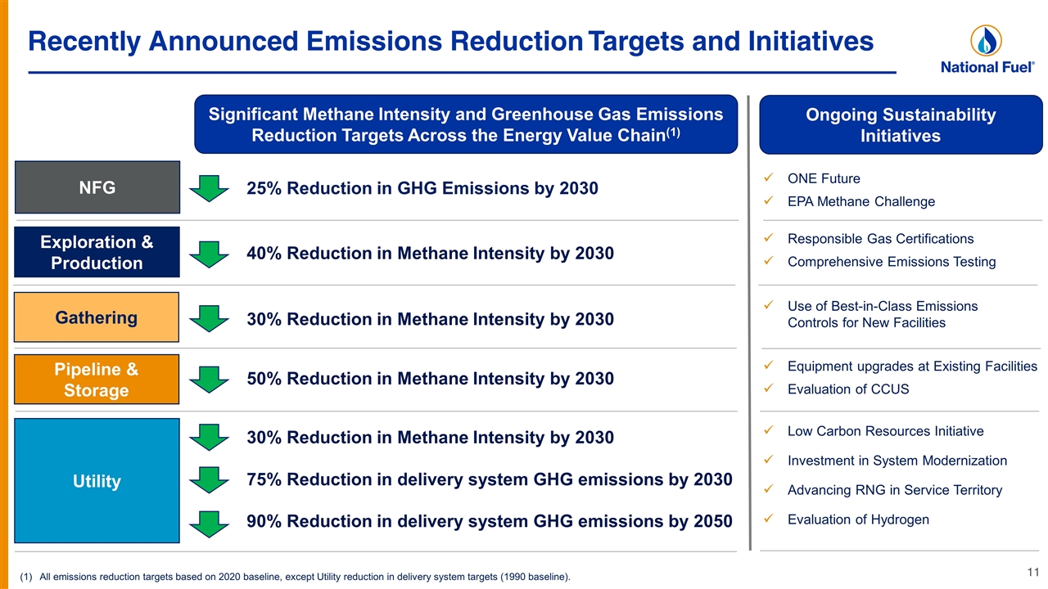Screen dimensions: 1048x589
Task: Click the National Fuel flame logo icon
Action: pyautogui.click(x=986, y=41)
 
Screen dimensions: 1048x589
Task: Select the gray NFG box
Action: pyautogui.click(x=97, y=187)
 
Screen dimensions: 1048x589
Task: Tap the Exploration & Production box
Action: pyautogui.click(x=97, y=253)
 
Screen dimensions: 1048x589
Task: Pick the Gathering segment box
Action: pyautogui.click(x=97, y=317)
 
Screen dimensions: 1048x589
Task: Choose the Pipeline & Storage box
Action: pyautogui.click(x=97, y=379)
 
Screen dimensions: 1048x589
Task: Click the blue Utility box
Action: pyautogui.click(x=97, y=480)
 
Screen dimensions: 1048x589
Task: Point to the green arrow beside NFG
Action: pyautogui.click(x=209, y=188)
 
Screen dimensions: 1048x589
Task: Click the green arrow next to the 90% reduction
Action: pyautogui.click(x=209, y=524)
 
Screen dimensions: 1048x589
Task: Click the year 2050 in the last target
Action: pyautogui.click(x=713, y=521)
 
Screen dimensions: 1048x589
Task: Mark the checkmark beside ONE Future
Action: pyautogui.click(x=768, y=178)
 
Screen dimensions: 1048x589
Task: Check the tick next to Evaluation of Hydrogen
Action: pyautogui.click(x=768, y=519)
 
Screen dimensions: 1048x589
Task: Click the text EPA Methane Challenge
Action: pyautogui.click(x=861, y=201)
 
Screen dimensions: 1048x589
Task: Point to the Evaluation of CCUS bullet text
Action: pyautogui.click(x=848, y=389)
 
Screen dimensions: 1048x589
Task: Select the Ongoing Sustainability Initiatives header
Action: pyautogui.click(x=901, y=125)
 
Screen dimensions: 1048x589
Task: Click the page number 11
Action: pyautogui.click(x=1033, y=572)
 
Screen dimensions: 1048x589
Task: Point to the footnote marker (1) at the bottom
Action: pyautogui.click(x=25, y=577)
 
